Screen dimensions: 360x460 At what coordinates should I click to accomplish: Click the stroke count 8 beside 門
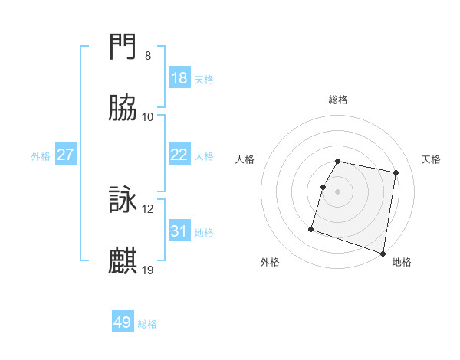[x=148, y=56]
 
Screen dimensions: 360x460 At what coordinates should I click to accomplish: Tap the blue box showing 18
[x=179, y=78]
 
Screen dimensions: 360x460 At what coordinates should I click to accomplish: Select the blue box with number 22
[x=179, y=155]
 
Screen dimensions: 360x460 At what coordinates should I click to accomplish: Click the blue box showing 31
[x=179, y=231]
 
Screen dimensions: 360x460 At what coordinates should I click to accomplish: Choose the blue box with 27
[x=66, y=155]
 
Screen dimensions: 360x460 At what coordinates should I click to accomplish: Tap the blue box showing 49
[x=123, y=322]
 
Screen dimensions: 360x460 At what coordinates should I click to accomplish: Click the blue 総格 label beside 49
[x=147, y=324]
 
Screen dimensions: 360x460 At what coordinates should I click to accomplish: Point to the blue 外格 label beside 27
[x=41, y=156]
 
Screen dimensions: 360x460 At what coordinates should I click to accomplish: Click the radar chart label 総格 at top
[x=338, y=100]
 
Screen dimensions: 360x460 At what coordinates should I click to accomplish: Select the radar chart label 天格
[x=431, y=159]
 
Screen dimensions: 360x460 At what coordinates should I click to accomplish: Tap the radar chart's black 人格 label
[x=245, y=159]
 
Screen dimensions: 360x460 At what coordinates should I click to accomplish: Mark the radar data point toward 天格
[x=396, y=173]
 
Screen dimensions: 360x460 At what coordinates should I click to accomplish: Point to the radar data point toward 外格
[x=311, y=228]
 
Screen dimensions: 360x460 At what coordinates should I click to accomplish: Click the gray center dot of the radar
[x=338, y=191]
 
